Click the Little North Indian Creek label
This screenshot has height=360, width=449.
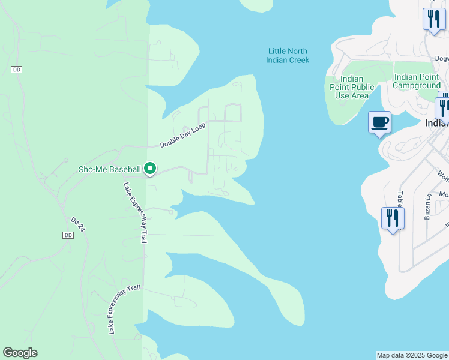pyautogui.click(x=288, y=55)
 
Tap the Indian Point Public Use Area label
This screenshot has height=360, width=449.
pyautogui.click(x=352, y=87)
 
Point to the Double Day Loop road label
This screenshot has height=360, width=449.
pyautogui.click(x=182, y=136)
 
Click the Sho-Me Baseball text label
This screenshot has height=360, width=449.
pyautogui.click(x=110, y=169)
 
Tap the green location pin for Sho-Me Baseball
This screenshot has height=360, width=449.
pyautogui.click(x=150, y=170)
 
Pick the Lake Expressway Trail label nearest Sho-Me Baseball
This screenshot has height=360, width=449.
pyautogui.click(x=135, y=212)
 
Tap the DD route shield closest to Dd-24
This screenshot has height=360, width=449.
pyautogui.click(x=68, y=235)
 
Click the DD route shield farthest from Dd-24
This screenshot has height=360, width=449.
pyautogui.click(x=16, y=70)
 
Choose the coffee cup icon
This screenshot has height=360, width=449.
pyautogui.click(x=379, y=123)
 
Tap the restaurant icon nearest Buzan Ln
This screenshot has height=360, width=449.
pyautogui.click(x=393, y=218)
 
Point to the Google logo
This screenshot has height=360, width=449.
pyautogui.click(x=20, y=353)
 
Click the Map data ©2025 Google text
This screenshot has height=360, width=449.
pyautogui.click(x=412, y=355)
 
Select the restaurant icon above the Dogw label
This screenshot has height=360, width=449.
pyautogui.click(x=433, y=18)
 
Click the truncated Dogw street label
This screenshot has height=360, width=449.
pyautogui.click(x=442, y=59)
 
